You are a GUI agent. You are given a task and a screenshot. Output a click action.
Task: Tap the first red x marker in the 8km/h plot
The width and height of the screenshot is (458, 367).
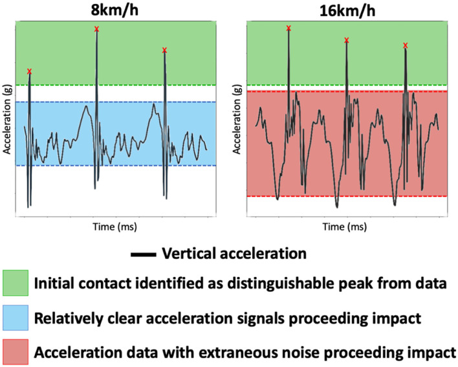click(29, 71)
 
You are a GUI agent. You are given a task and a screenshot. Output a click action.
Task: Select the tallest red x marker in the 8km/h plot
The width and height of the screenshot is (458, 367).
click(97, 29)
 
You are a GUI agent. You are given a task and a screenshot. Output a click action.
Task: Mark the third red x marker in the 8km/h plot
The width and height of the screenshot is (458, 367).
click(165, 50)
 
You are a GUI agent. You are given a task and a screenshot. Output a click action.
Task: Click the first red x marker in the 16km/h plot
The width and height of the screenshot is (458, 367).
click(289, 28)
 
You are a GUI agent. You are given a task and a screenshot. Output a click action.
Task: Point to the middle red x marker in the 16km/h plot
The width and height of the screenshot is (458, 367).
click(347, 40)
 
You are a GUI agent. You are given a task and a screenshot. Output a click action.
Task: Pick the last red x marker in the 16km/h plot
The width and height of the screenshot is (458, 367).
click(405, 45)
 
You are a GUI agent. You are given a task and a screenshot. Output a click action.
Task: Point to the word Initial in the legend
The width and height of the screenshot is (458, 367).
click(55, 284)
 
